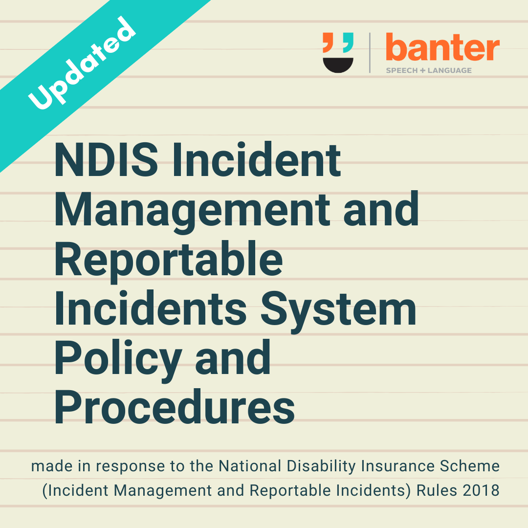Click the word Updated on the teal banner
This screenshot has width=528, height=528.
click(x=82, y=63)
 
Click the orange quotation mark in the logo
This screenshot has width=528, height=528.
click(x=329, y=43)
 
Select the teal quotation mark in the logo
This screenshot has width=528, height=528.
click(x=348, y=43)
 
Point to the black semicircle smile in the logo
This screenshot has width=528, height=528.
click(x=338, y=65)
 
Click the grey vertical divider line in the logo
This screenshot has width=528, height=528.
click(x=370, y=53)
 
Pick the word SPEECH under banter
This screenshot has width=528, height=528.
click(x=402, y=70)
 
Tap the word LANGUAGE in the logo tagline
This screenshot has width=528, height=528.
click(x=450, y=70)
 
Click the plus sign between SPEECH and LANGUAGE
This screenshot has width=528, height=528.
click(x=422, y=70)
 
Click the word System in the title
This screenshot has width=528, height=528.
click(x=338, y=310)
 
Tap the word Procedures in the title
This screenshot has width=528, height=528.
click(x=175, y=407)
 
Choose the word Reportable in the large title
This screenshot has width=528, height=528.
click(x=168, y=261)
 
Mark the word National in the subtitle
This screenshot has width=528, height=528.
click(x=250, y=466)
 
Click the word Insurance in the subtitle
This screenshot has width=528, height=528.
click(x=397, y=466)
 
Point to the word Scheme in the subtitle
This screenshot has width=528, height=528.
click(x=470, y=466)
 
